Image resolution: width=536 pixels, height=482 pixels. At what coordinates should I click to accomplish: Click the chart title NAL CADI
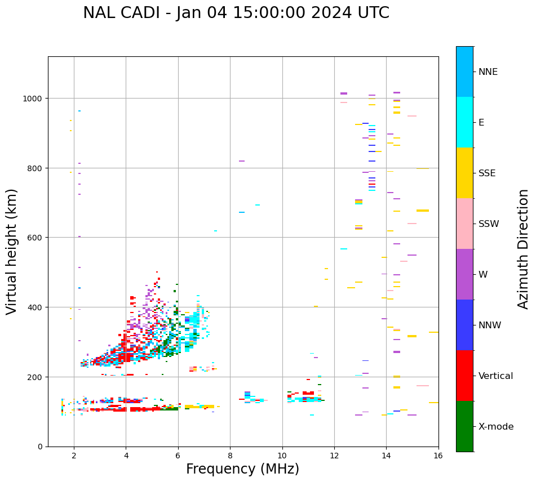236,13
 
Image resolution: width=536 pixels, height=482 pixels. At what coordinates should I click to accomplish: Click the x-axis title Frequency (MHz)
242,469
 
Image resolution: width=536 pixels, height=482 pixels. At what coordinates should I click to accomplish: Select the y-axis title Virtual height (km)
12,251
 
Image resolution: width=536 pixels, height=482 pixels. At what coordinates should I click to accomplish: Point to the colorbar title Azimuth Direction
524,249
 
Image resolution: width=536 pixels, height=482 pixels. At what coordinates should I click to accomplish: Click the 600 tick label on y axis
35,238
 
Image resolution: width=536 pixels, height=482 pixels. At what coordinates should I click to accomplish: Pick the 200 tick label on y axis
35,377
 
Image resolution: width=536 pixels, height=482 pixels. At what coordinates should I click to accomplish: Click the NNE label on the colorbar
488,72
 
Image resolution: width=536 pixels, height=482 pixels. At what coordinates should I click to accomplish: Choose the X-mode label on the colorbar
496,427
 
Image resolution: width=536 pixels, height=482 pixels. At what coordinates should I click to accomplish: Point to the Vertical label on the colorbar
496,376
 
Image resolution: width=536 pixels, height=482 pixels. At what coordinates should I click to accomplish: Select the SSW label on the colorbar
489,224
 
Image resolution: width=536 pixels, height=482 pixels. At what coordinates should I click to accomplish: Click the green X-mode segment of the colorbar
464,426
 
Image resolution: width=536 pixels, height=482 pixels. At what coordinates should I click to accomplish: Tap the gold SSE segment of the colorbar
464,173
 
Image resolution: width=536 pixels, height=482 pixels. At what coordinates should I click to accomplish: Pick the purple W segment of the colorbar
464,274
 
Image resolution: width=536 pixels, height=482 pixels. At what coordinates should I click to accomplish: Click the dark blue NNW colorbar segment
464,325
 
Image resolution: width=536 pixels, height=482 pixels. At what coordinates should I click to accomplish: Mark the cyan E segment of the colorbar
464,122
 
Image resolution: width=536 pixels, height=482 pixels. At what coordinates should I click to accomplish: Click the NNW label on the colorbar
490,325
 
